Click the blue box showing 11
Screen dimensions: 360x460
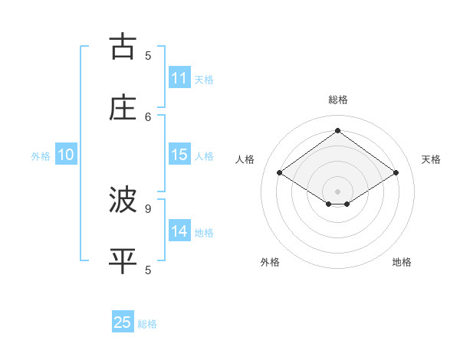tap(179, 78)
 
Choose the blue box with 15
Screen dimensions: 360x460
tap(179, 155)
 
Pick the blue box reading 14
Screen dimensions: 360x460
tap(179, 231)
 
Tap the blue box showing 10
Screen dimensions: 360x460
tap(66, 155)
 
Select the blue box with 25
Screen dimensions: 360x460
tap(123, 322)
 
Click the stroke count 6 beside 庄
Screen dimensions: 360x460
tap(148, 116)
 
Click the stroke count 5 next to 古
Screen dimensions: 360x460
tap(148, 55)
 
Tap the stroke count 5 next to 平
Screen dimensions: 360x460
tap(148, 270)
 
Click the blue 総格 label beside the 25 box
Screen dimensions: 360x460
tap(147, 324)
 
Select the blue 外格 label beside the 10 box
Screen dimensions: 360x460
tap(41, 156)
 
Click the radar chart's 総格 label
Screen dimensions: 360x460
tap(338, 100)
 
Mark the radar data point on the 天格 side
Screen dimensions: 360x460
tap(396, 173)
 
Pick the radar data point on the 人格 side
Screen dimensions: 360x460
tap(280, 173)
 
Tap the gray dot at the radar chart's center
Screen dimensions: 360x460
tap(338, 191)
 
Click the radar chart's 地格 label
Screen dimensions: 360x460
tap(402, 262)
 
